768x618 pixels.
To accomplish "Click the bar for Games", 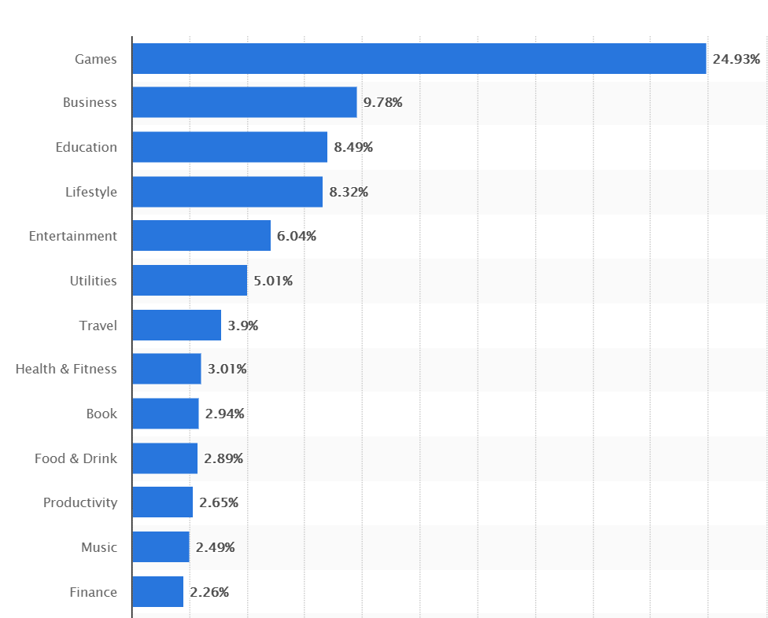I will click(419, 59).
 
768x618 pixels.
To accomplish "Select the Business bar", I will click(244, 102).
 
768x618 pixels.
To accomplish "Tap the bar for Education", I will click(229, 147).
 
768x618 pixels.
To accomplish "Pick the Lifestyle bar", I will click(227, 192).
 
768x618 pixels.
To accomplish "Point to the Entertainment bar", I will click(201, 236).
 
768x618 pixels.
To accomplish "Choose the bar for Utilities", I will click(189, 281).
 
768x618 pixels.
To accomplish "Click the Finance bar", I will click(157, 592).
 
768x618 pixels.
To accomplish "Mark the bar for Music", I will click(161, 547).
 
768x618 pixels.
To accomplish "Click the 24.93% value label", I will click(737, 59).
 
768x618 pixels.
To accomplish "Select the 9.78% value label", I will click(382, 102).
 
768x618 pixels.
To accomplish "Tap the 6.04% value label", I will click(297, 236).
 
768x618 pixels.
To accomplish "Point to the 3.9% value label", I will click(243, 325).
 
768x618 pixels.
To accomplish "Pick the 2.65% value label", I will click(219, 502).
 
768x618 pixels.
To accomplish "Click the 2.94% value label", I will click(224, 414).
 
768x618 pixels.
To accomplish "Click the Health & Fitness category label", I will click(66, 369).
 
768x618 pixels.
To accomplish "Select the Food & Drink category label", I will click(76, 458).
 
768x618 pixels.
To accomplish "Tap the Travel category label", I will click(98, 325).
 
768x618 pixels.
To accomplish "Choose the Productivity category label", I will click(80, 502).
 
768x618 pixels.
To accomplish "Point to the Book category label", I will click(102, 414).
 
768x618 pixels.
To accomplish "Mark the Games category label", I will click(95, 59).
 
